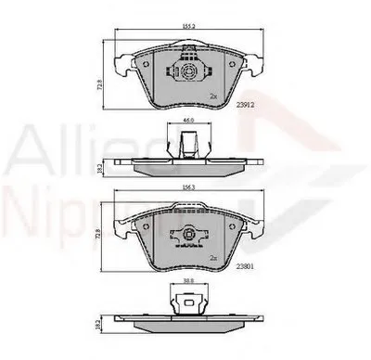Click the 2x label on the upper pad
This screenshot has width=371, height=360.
[214, 96]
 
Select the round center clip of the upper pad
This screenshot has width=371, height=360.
[185, 71]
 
